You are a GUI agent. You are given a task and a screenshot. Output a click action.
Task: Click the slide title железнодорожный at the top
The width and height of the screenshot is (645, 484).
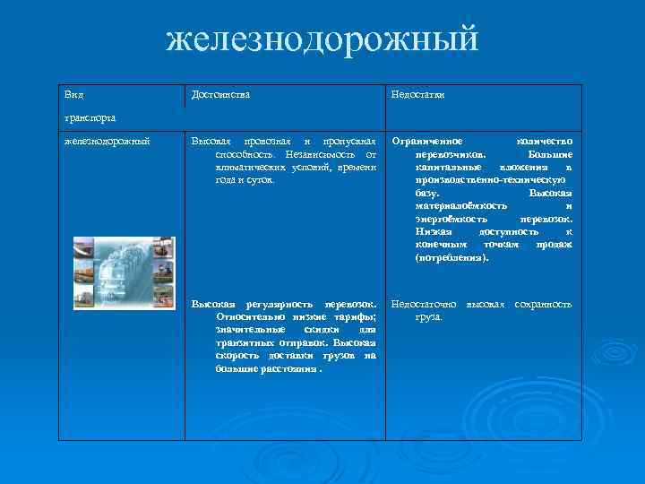pyautogui.click(x=322, y=40)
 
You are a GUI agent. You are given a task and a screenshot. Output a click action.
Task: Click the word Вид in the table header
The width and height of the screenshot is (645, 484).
pyautogui.click(x=73, y=94)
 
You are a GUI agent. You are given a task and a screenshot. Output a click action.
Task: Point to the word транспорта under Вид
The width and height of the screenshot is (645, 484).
pyautogui.click(x=88, y=117)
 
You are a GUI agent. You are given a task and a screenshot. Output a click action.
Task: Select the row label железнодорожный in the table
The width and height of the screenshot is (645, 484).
pyautogui.click(x=107, y=141)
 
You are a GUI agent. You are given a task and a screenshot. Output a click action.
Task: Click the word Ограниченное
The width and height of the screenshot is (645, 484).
pyautogui.click(x=427, y=142)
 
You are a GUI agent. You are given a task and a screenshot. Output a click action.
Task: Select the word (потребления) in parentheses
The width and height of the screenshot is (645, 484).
pyautogui.click(x=452, y=257)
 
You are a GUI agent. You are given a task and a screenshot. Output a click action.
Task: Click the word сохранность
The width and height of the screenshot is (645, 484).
pyautogui.click(x=542, y=305)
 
